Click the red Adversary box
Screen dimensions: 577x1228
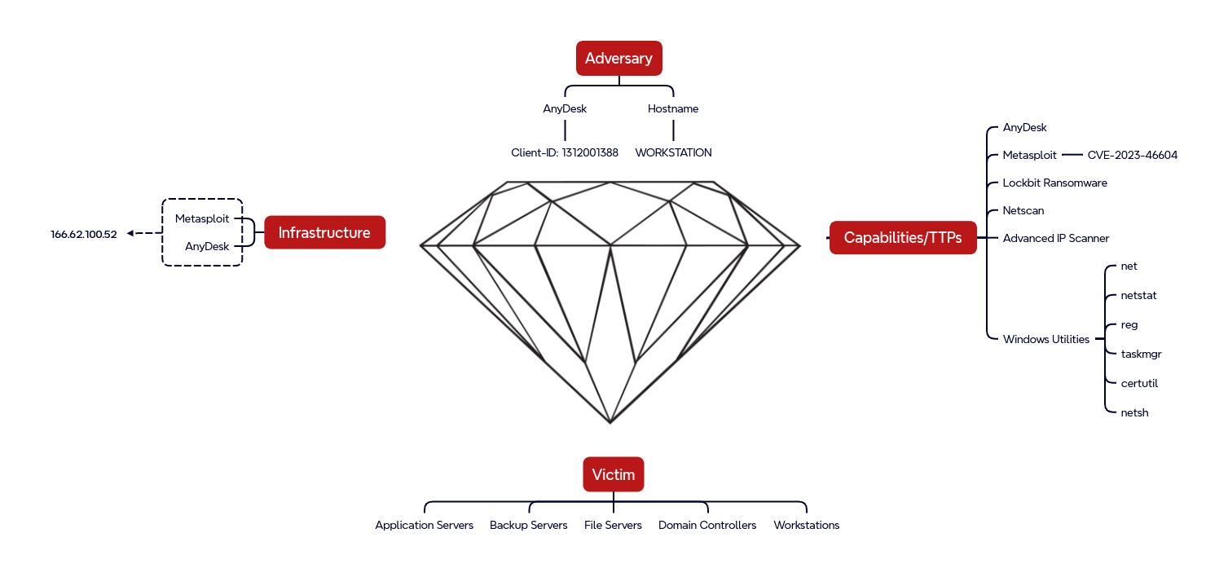[618, 59]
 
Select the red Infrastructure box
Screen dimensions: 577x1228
[324, 232]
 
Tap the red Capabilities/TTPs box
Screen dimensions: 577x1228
[903, 238]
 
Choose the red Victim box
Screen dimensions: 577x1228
[613, 474]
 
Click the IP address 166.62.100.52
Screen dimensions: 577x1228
[84, 234]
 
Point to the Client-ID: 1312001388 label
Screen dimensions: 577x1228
[565, 152]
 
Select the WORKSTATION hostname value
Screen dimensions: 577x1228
[673, 152]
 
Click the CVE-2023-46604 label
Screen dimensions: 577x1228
[1132, 155]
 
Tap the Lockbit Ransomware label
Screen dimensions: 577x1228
[1054, 183]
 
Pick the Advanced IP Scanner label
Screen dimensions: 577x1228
[1055, 238]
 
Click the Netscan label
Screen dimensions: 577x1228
[1023, 210]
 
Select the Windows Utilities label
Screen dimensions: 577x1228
[1045, 339]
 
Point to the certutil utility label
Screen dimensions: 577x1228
[1139, 383]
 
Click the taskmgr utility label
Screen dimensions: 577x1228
[1141, 354]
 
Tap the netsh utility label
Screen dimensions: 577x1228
[1134, 412]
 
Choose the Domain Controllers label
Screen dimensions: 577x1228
[707, 525]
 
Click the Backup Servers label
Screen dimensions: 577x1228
[528, 525]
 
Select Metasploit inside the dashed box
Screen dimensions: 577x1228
[202, 218]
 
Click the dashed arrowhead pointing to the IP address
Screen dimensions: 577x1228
[130, 234]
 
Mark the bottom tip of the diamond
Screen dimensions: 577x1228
[610, 422]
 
